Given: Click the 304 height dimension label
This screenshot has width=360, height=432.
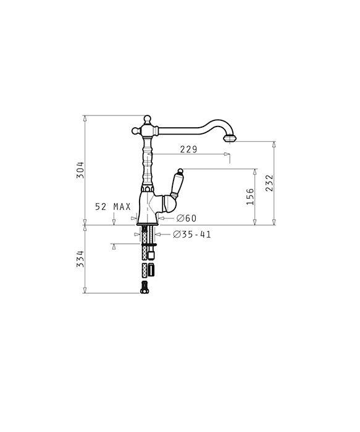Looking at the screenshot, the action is [80, 170].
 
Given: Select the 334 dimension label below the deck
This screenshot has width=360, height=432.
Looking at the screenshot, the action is [80, 259].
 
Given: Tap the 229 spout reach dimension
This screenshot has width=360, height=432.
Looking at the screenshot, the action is [189, 149].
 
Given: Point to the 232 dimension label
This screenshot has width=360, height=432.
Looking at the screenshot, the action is [269, 183].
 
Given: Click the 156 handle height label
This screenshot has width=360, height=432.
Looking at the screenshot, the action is [250, 197].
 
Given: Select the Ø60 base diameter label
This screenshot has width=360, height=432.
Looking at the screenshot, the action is [186, 218].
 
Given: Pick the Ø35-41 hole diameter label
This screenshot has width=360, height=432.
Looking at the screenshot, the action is [192, 235].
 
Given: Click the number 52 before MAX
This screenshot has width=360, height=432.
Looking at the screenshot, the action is [101, 207].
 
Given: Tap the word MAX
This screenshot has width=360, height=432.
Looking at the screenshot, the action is [122, 207].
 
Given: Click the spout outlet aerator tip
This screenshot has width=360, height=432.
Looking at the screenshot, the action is [230, 138].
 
